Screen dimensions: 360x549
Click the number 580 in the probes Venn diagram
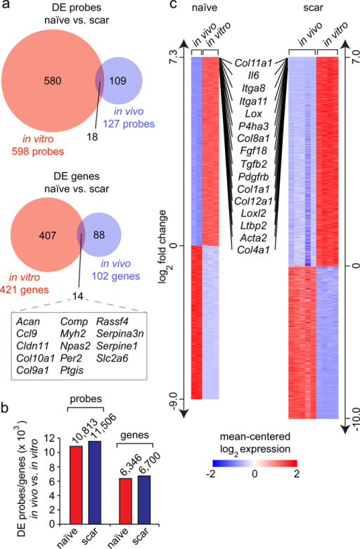pos(53,81)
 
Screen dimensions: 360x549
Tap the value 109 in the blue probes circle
pos(117,81)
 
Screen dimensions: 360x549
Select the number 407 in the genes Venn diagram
pos(48,235)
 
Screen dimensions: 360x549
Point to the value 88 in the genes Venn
pos(99,235)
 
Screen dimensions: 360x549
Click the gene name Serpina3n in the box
pos(120,334)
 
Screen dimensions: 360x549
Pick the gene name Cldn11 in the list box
pos(33,346)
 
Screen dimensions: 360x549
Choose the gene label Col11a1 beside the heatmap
pos(253,63)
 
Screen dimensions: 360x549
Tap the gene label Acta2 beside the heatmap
pos(253,238)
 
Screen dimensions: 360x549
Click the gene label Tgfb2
pos(254,164)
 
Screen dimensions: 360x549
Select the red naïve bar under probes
pos(76,485)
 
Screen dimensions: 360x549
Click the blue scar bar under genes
pos(144,500)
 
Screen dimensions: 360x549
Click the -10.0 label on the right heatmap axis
pos(356,420)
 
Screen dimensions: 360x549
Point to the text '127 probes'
pos(129,124)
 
